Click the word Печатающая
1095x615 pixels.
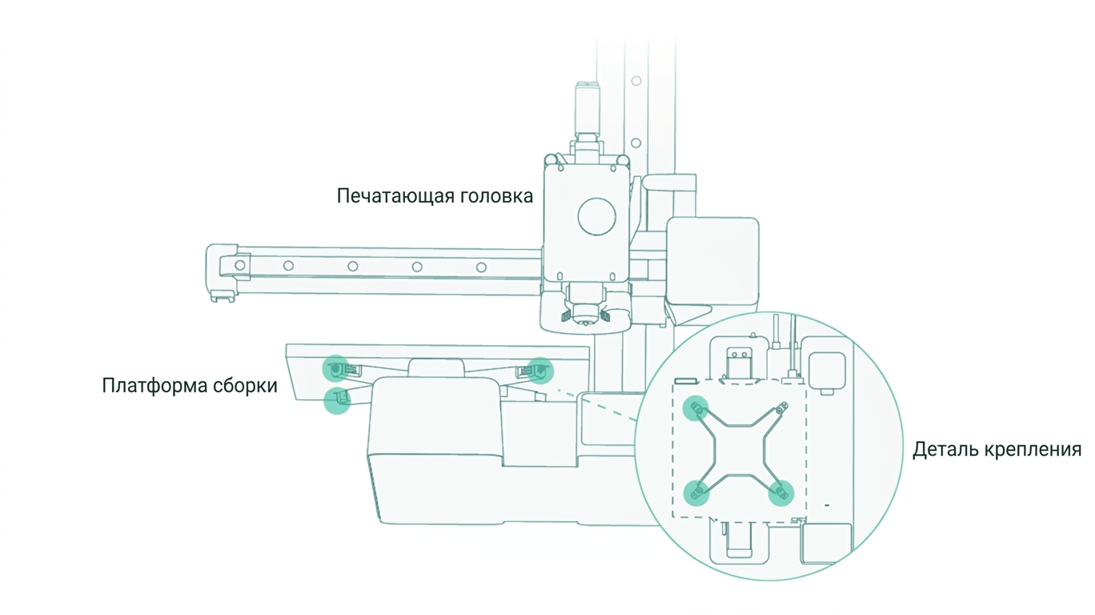pos(390,196)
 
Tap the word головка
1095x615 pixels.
pos(491,196)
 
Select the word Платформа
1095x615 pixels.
pos(154,386)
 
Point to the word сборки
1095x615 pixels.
pos(246,386)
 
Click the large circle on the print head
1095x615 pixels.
pos(596,216)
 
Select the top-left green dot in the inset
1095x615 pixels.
pos(696,408)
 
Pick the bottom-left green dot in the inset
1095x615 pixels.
pos(696,492)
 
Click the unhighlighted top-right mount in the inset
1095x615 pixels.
pos(781,408)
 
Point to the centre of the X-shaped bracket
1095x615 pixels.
pos(738,450)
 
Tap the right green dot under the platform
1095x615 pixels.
pos(539,371)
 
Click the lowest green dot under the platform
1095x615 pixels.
pos(337,400)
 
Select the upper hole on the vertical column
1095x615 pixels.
pos(636,81)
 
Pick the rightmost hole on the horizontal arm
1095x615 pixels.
pos(481,267)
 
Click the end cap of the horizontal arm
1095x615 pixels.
pos(221,271)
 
